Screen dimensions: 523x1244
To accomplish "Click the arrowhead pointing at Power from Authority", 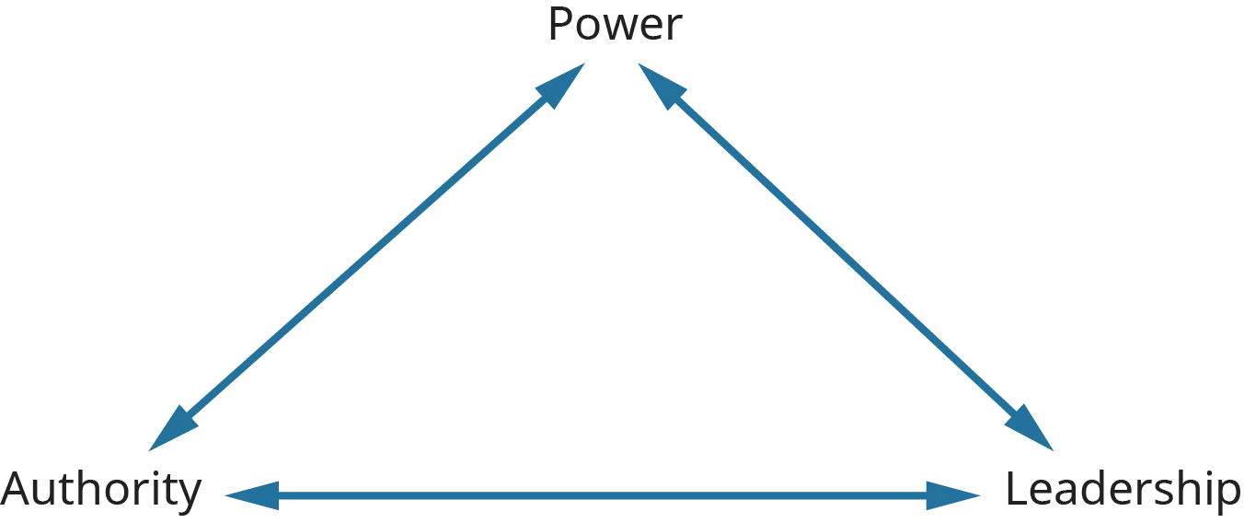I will pyautogui.click(x=566, y=84).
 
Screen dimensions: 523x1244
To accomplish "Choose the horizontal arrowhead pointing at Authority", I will pyautogui.click(x=248, y=496).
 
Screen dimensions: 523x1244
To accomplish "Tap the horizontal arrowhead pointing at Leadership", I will pyautogui.click(x=952, y=496).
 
